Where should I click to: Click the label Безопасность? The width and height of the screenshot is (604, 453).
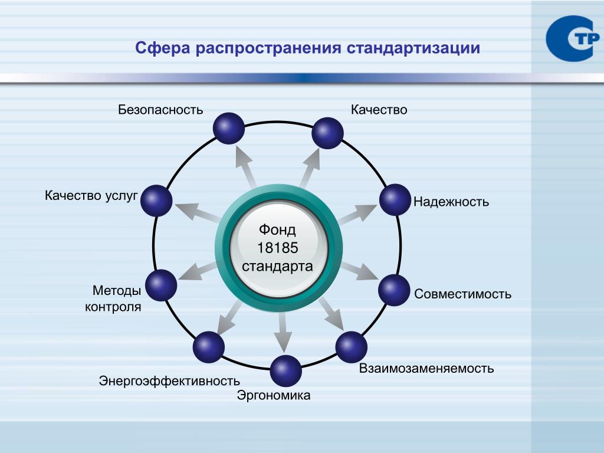coord(160,110)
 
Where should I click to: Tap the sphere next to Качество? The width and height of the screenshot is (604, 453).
coord(327,133)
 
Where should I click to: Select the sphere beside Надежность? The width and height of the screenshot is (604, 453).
coord(395,199)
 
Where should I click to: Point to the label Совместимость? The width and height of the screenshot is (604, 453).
coord(462,294)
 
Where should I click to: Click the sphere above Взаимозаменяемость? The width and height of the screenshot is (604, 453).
coord(352,347)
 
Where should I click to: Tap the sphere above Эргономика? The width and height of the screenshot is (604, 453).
coord(286,371)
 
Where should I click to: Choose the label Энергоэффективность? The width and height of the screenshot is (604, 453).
coord(169,380)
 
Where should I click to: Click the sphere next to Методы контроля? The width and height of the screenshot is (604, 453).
coord(161,285)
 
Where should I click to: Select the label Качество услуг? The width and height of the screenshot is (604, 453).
coord(91,195)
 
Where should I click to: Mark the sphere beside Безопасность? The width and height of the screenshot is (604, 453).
coord(228,128)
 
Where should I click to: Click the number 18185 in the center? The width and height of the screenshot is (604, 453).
coord(277,248)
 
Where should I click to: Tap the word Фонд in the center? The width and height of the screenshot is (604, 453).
coord(277,229)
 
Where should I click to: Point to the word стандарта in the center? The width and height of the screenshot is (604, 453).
coord(277,266)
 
